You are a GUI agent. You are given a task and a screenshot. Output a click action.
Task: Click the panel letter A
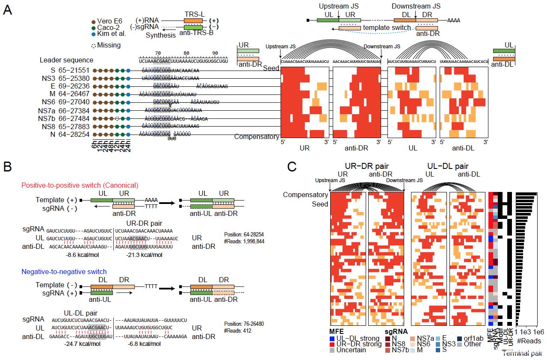point(7,10)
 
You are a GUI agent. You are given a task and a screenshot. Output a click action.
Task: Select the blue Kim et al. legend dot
point(93,34)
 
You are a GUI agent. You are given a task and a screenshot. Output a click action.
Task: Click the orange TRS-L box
point(193,21)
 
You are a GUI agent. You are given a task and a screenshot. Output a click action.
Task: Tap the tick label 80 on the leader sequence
point(186,53)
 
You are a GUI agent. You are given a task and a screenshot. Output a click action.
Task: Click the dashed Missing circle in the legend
point(93,45)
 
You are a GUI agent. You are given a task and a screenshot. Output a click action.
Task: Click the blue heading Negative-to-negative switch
point(64,271)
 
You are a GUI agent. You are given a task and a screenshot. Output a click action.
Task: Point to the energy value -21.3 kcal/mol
point(145,255)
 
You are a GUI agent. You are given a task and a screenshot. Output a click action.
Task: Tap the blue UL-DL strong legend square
point(332,339)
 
